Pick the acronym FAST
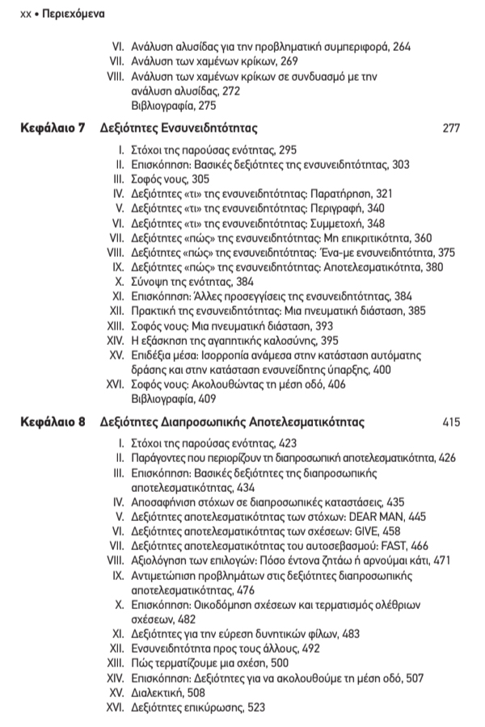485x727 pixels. coord(397,546)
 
